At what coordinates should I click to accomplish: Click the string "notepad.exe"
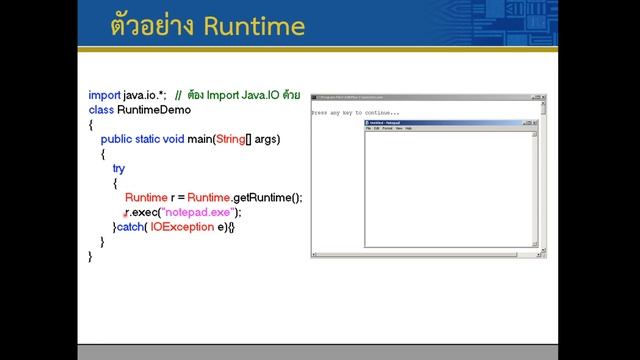coord(203,212)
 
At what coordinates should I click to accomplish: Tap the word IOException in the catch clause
coord(182,227)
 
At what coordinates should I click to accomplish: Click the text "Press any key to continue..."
coord(355,113)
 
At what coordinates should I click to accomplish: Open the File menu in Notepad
coord(368,129)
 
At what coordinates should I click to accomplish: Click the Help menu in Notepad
coord(408,129)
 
